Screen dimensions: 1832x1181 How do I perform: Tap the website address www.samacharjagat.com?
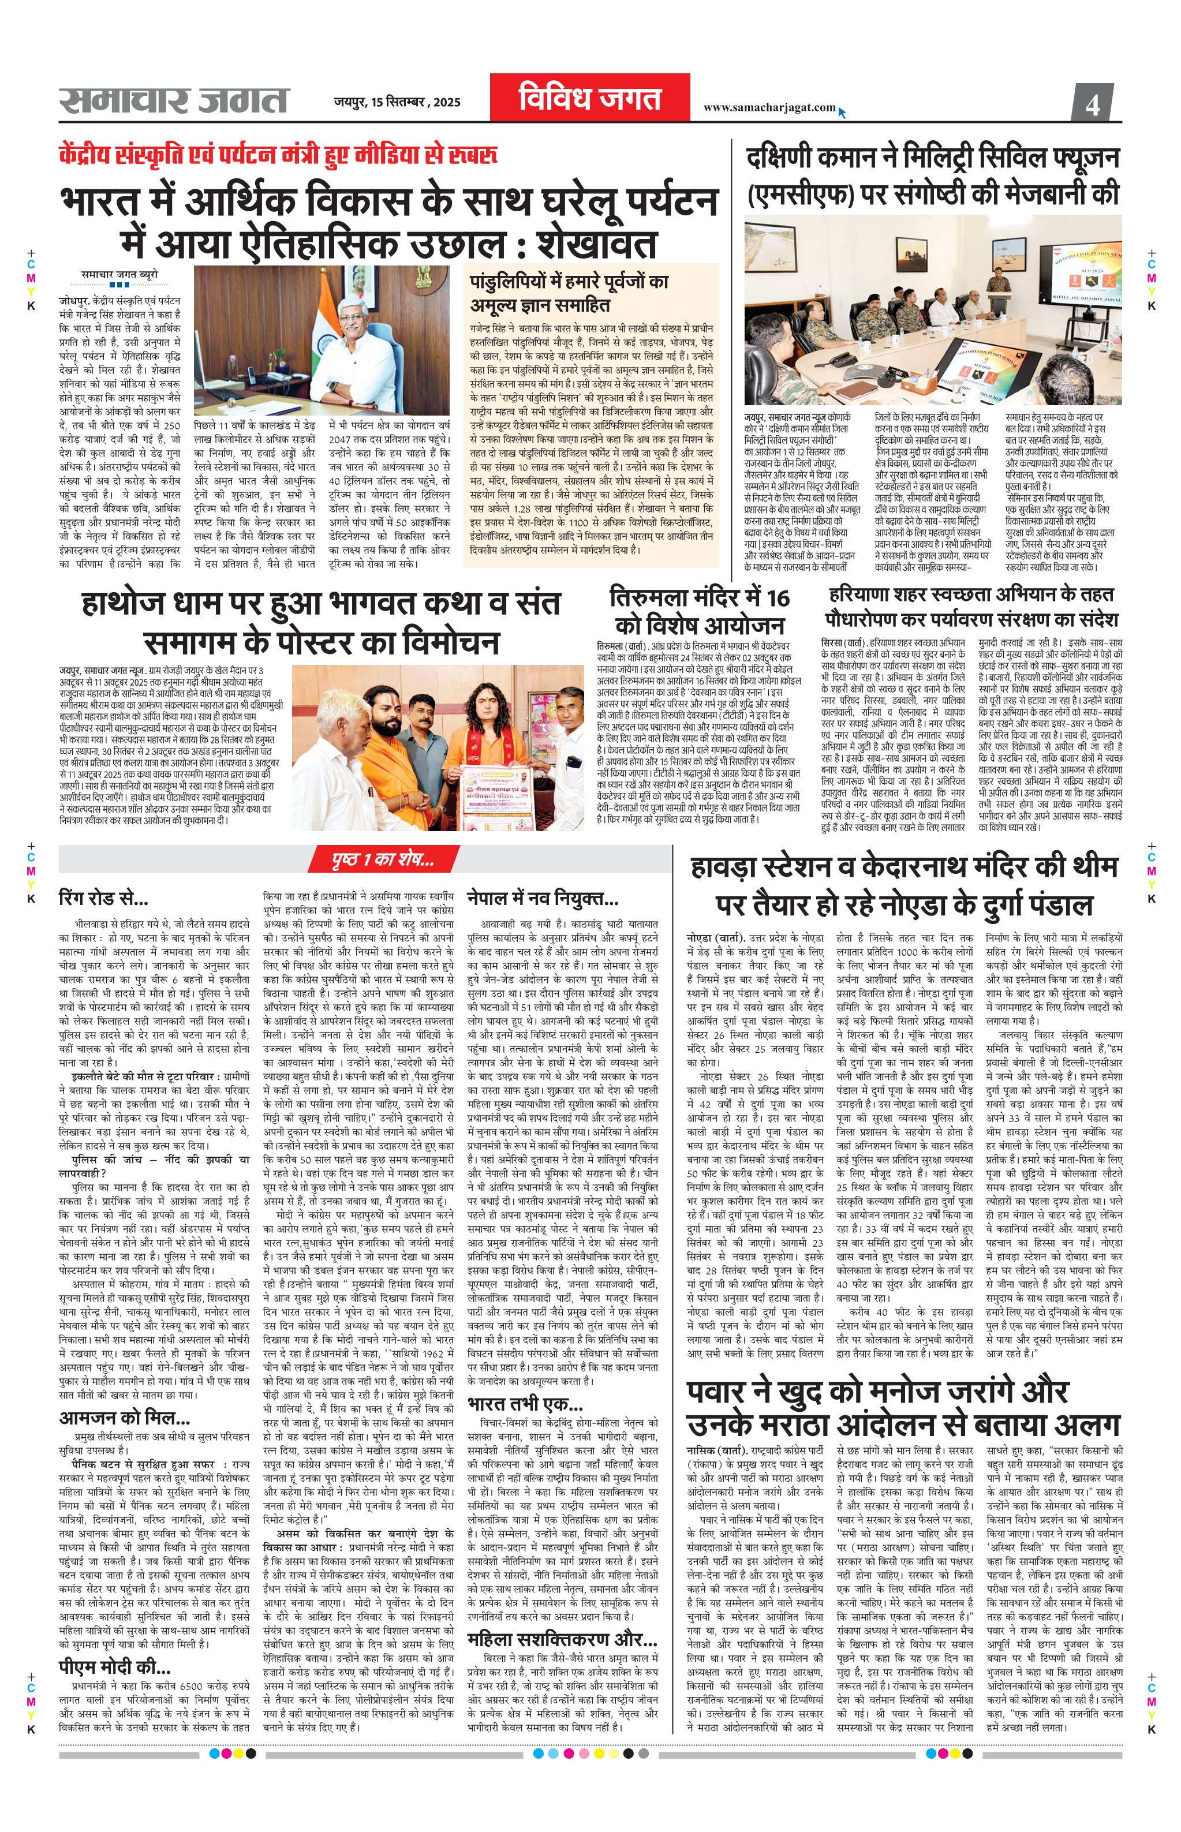tap(768, 108)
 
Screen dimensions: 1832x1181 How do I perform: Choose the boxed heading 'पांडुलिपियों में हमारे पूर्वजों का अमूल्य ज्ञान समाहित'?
tap(570, 294)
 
